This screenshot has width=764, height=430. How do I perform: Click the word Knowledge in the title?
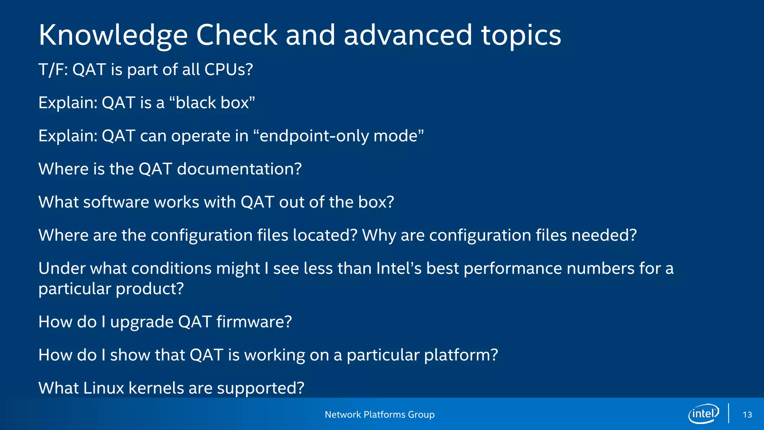113,35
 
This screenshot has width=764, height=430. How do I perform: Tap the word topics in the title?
521,35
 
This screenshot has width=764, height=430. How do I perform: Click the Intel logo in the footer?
703,414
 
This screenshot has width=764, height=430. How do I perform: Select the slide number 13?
747,415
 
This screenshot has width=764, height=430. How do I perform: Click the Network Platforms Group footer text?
379,414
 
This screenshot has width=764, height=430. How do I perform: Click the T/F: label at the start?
53,69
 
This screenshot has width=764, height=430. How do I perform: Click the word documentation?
239,169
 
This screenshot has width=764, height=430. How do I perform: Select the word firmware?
254,322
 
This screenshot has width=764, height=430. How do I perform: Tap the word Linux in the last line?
103,388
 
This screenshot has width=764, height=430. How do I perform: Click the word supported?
260,388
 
